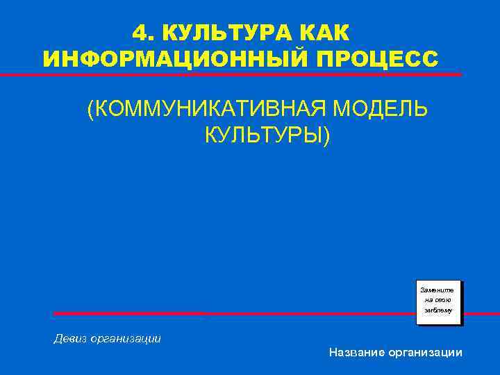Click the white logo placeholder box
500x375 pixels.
click(439, 302)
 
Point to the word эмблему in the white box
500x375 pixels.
click(438, 311)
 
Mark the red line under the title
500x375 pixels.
click(250, 74)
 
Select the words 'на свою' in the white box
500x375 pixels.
click(438, 300)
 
